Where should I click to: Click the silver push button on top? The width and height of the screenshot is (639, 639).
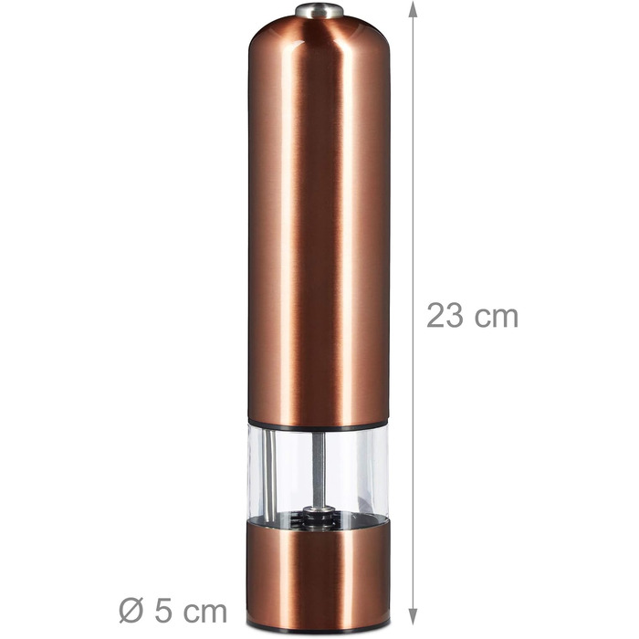click(319, 10)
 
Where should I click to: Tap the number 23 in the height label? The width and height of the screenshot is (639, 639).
click(445, 316)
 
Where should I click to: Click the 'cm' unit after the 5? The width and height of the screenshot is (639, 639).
click(204, 613)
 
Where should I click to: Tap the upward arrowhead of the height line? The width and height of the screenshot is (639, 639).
click(414, 9)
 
